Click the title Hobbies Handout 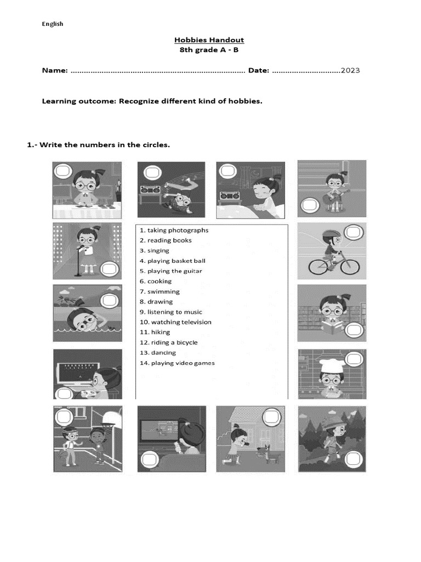click(x=209, y=40)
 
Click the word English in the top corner click(x=53, y=24)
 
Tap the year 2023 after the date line click(x=350, y=71)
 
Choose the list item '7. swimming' click(x=160, y=291)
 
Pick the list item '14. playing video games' click(x=177, y=363)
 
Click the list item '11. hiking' click(x=155, y=332)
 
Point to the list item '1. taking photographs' click(x=174, y=231)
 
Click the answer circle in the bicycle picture click(x=354, y=233)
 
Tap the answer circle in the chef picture click(x=354, y=359)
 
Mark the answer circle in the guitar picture click(x=310, y=205)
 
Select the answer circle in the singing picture click(x=109, y=269)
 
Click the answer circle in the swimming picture click(x=109, y=300)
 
